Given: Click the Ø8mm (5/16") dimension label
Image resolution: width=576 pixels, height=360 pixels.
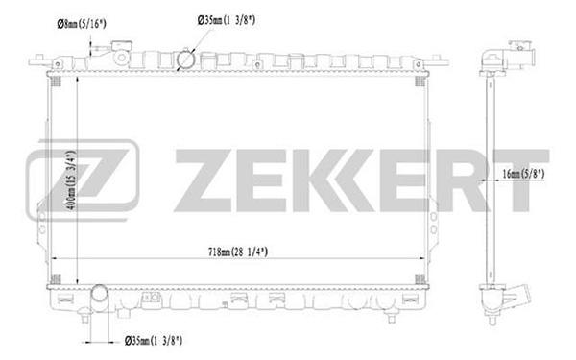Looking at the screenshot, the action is click(82, 24).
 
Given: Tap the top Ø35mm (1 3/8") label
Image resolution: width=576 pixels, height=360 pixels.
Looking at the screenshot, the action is click(227, 20).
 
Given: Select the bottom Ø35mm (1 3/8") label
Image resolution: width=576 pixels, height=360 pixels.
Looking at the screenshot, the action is click(154, 341).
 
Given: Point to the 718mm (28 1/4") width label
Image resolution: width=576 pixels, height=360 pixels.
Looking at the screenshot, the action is click(238, 252).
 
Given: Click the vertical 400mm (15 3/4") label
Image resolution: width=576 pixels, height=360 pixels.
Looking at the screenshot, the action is click(72, 180).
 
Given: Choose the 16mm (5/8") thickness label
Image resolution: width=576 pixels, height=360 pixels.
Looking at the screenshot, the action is click(523, 174).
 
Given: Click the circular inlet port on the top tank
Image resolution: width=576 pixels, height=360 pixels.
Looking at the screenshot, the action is click(185, 60).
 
